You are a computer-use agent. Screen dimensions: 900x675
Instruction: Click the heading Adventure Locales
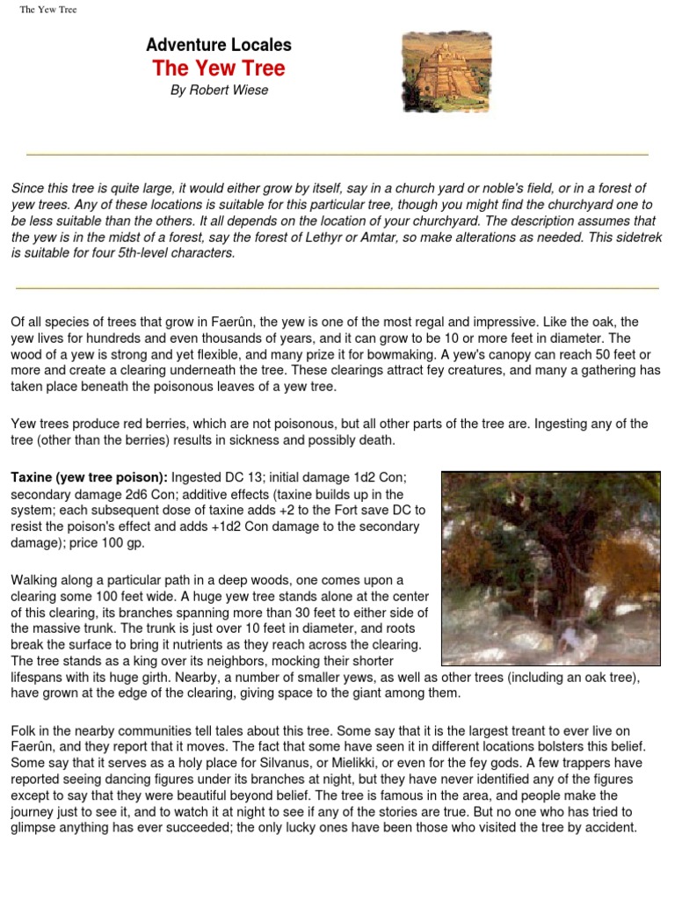[218, 45]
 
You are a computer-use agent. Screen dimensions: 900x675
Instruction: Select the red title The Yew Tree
[218, 69]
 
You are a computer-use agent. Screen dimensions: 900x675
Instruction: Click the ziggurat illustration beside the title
[446, 71]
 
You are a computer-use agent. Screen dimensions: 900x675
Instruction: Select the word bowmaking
[398, 354]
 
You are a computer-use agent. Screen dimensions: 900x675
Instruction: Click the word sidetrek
[637, 237]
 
